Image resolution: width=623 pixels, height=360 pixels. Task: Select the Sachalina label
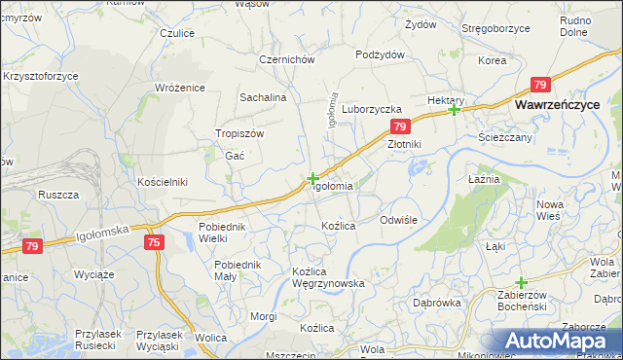coord(263,97)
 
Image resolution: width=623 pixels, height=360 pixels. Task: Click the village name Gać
coord(235,156)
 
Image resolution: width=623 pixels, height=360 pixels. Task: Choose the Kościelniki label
coord(162,182)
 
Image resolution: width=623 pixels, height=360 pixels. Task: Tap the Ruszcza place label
coord(58,195)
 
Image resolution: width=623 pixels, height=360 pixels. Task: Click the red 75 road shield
coord(154,242)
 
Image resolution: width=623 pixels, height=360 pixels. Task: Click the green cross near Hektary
coord(454,109)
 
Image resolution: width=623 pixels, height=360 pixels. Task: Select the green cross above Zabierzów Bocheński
coord(521,282)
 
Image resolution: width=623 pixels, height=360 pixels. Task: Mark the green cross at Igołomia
coord(311,178)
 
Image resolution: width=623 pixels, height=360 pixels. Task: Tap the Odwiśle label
coord(398,220)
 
